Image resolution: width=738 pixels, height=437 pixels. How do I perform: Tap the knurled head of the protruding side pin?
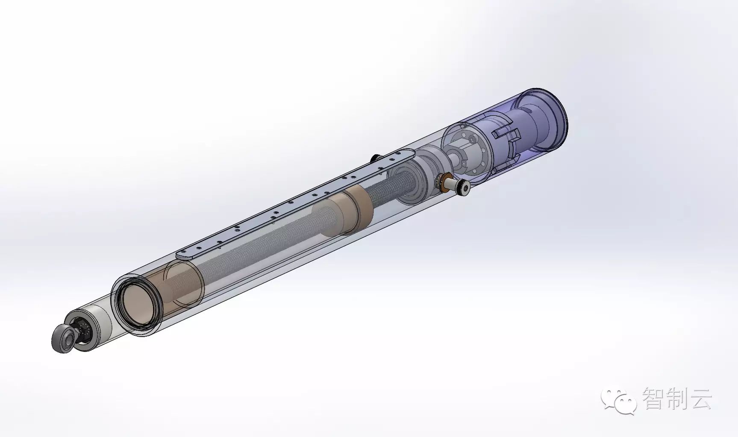[463, 187]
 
